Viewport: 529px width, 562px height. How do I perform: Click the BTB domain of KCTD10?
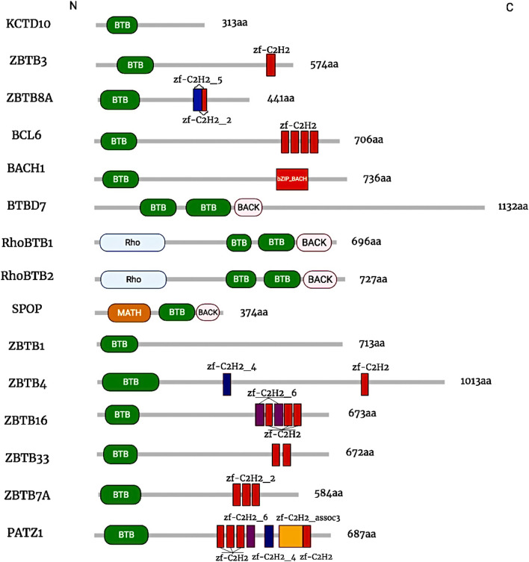point(121,25)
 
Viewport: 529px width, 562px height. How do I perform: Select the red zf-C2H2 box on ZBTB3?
point(270,65)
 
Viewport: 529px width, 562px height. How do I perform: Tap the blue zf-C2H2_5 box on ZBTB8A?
point(197,99)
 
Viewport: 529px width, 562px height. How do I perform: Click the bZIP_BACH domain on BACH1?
point(292,179)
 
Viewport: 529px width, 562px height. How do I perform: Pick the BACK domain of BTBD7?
point(249,207)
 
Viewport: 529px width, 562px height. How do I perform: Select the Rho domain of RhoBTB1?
point(132,243)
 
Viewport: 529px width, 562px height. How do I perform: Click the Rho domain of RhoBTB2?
point(133,279)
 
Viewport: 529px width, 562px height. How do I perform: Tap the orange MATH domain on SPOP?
point(129,313)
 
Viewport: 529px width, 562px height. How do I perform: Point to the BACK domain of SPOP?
point(208,313)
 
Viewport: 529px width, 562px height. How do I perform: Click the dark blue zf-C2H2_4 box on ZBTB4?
point(227,384)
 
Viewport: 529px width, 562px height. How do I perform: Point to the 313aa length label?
point(235,25)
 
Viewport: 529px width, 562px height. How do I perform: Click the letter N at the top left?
point(72,6)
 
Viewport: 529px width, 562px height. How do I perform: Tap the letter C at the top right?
point(510,7)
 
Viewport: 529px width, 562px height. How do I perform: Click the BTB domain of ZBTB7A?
point(121,493)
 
